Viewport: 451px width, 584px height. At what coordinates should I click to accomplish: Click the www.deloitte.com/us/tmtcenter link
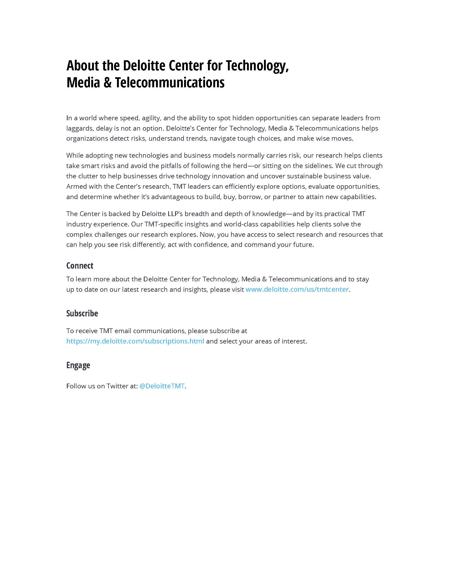coord(297,289)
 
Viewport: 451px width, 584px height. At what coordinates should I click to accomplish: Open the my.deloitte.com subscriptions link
coord(135,341)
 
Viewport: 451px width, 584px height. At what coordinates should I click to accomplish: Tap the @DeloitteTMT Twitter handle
coord(162,386)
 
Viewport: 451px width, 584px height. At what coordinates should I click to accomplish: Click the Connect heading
coord(80,265)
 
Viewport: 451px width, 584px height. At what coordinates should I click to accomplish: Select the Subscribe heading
coord(82,313)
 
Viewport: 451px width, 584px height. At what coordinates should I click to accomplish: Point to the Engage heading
coord(78,365)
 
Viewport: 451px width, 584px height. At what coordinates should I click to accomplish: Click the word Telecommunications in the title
coord(170,83)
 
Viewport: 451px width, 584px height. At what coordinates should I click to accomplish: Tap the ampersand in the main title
coord(107,83)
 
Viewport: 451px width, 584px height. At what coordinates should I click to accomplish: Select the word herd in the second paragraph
coord(240,166)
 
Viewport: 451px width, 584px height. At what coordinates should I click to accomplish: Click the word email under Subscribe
coord(123,331)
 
